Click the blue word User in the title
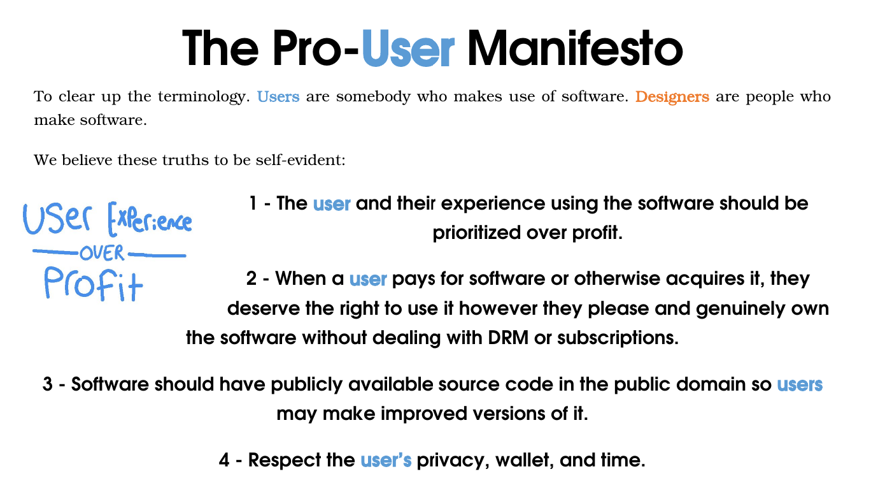tap(408, 48)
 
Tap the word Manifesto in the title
tap(575, 48)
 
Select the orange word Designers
tap(672, 97)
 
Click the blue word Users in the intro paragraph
tap(278, 96)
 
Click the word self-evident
tap(300, 160)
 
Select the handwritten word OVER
tap(102, 253)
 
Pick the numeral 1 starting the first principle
tap(253, 203)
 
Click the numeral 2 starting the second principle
tap(251, 278)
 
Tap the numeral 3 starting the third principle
tap(48, 384)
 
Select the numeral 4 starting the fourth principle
tap(224, 460)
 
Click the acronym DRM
tap(508, 338)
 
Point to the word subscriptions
tap(618, 338)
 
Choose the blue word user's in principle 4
tap(386, 460)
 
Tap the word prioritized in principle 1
tap(477, 233)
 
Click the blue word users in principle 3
tap(800, 384)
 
